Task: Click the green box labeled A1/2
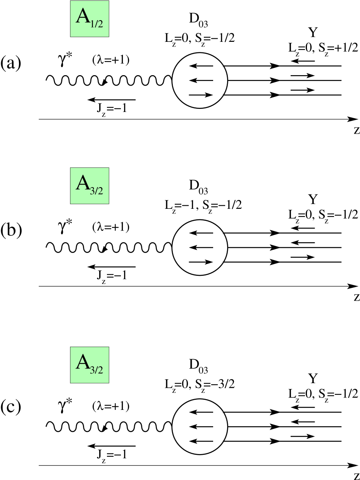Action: [90, 19]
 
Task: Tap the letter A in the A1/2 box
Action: [82, 16]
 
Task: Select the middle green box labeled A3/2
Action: [90, 186]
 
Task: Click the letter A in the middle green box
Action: [82, 183]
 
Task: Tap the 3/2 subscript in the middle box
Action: [96, 191]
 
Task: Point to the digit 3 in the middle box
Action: [92, 191]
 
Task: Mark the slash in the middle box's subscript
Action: [96, 191]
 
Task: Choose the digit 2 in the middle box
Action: [100, 191]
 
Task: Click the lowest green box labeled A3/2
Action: [90, 365]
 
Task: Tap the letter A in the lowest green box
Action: [82, 363]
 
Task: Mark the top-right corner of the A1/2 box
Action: [109, 1]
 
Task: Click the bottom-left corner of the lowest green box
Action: [71, 382]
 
